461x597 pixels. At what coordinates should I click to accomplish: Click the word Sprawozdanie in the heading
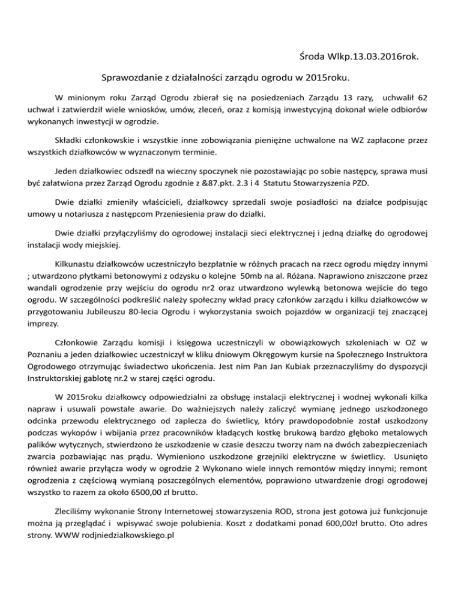tap(133, 77)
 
